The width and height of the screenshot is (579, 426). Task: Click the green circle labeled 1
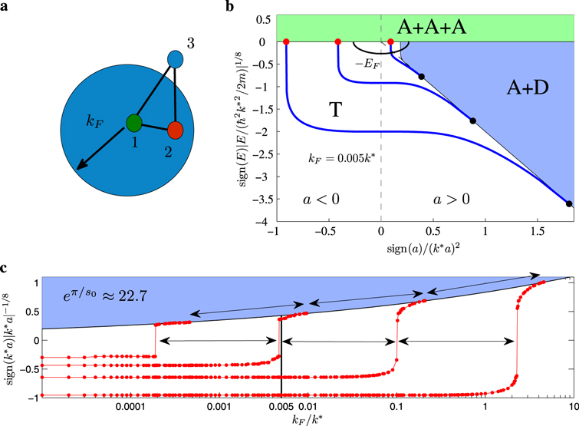pyautogui.click(x=135, y=121)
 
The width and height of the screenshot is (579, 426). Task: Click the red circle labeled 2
pyautogui.click(x=176, y=130)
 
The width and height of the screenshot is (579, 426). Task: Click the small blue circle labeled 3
pyautogui.click(x=175, y=58)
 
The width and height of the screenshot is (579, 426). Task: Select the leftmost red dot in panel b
pyautogui.click(x=286, y=41)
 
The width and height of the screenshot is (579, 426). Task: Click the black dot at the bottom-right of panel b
pyautogui.click(x=568, y=203)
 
